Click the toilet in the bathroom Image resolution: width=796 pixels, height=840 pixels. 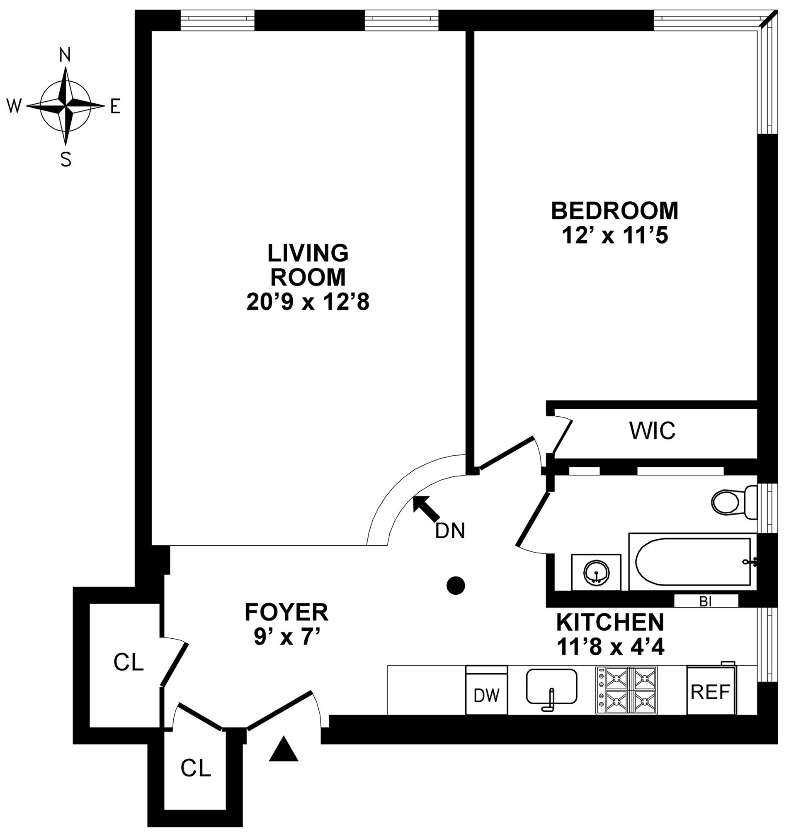point(732,503)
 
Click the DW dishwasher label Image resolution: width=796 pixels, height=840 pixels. point(486,695)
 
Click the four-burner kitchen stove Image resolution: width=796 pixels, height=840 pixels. point(626,690)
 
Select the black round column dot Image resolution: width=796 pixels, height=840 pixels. point(455,586)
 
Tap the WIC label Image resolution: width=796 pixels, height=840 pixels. point(653,431)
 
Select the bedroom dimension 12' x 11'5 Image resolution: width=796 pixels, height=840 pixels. point(615,235)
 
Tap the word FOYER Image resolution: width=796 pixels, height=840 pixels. point(286,613)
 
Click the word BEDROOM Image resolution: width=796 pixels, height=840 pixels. point(615,211)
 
